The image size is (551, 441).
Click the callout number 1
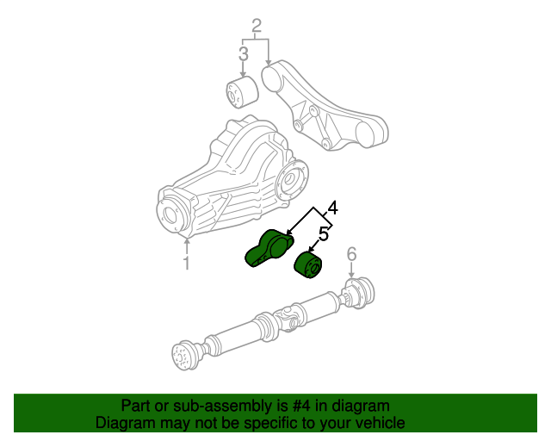[187, 263]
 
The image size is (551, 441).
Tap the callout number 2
[257, 26]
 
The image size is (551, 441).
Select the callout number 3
[243, 53]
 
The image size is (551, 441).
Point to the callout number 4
[332, 208]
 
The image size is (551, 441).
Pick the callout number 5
[324, 234]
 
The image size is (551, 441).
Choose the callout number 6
[351, 254]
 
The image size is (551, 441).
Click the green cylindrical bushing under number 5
[308, 265]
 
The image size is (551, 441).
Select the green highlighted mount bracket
[269, 248]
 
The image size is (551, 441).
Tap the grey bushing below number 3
[242, 92]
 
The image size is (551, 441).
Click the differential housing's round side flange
[292, 180]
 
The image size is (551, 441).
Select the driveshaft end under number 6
[359, 291]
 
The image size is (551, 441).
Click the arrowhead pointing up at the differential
[187, 241]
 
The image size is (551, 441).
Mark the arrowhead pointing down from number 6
[351, 276]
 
